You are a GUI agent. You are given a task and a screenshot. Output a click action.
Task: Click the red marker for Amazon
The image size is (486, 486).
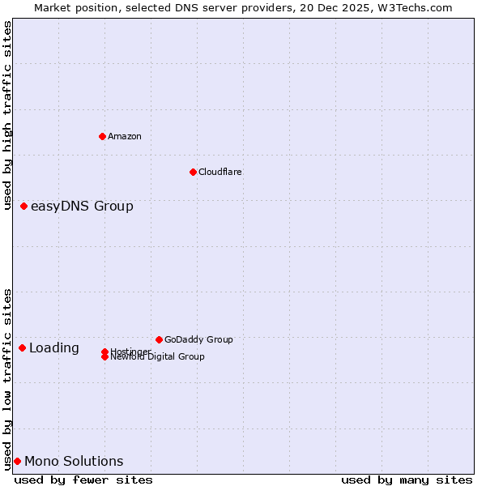click(x=102, y=136)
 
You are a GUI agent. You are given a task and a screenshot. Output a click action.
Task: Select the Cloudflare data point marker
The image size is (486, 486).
click(x=193, y=172)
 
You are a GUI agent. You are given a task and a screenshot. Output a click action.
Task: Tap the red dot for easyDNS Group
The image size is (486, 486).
click(x=24, y=207)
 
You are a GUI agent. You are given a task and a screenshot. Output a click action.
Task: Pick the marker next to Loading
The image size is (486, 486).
click(x=23, y=348)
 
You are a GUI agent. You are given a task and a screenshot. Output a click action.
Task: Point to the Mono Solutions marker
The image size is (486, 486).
click(x=17, y=462)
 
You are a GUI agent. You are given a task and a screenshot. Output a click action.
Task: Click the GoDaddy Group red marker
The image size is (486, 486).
click(x=159, y=339)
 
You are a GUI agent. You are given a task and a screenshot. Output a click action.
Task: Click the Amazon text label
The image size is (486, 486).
click(x=125, y=136)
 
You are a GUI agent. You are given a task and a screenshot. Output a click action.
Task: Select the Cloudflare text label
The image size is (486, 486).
click(x=220, y=172)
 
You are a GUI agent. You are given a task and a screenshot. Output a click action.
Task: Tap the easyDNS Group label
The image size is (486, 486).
click(x=82, y=207)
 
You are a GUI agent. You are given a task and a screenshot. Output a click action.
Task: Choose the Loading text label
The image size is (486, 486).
click(x=54, y=348)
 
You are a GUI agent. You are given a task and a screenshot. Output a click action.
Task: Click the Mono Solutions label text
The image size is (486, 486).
click(x=74, y=462)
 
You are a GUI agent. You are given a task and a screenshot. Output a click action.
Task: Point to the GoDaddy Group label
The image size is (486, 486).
click(x=198, y=339)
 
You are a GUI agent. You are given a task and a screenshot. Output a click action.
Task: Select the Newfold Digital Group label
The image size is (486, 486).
click(x=158, y=357)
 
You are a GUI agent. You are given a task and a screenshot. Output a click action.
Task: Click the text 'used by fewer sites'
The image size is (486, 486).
click(x=83, y=480)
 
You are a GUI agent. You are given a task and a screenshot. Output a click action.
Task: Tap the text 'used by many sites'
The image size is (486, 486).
click(x=407, y=480)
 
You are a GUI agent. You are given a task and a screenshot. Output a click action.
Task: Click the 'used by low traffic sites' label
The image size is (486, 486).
click(x=8, y=378)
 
